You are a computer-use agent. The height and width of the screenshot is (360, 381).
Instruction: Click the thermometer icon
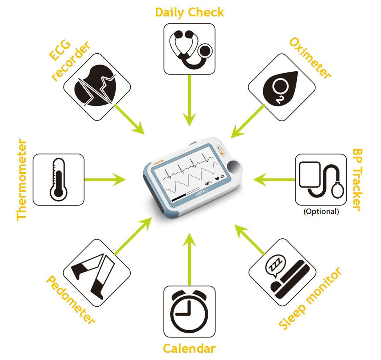58,180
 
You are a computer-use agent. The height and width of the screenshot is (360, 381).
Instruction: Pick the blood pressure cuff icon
321,179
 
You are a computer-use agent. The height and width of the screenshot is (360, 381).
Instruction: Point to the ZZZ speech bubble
275,265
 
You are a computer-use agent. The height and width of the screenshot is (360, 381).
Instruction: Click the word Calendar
189,349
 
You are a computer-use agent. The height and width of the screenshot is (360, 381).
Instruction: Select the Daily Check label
189,13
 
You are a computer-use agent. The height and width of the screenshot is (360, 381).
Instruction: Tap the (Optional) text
321,211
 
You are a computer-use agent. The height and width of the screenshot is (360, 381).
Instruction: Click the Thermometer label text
22,180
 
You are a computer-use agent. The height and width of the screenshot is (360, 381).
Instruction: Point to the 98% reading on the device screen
208,183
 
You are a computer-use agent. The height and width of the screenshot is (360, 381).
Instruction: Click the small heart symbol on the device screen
217,179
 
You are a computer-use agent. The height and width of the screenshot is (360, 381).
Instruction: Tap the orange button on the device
221,151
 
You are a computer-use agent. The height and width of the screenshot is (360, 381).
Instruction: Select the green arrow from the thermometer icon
105,180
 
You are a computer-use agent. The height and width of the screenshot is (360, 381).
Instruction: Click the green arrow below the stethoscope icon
189,100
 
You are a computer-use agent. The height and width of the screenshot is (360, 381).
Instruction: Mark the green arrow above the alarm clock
189,259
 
